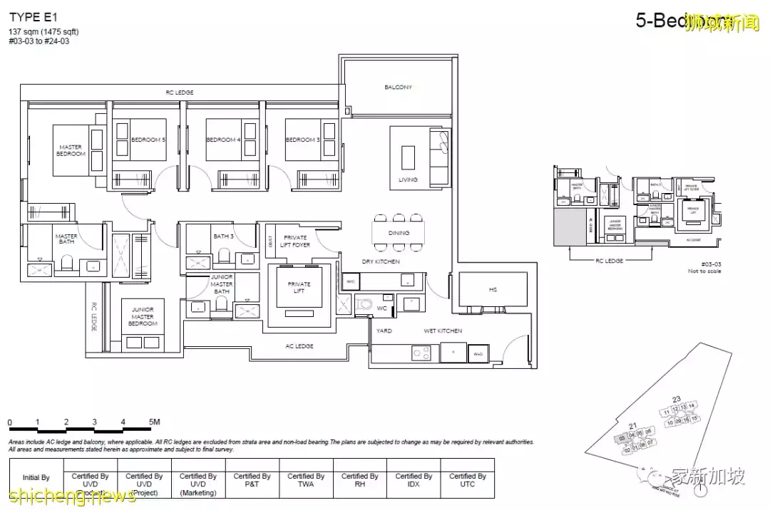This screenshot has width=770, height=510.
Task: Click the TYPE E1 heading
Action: point(34,18)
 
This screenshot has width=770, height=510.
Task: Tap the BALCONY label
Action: point(398,88)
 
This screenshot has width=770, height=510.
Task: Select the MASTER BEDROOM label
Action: point(71,150)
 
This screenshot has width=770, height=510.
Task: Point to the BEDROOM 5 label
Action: point(148,140)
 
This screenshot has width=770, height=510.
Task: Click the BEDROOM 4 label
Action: point(223,140)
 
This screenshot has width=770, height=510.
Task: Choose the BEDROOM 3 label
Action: point(303,140)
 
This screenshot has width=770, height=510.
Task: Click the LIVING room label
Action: point(408,179)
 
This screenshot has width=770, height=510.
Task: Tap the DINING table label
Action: point(399,233)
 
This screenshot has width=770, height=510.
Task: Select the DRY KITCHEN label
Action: point(380,262)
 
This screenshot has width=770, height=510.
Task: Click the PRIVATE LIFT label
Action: point(299,288)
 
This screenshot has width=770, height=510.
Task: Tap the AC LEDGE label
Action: point(298,346)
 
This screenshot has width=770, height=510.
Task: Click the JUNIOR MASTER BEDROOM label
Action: point(143,317)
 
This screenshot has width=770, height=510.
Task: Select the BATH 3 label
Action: point(223,236)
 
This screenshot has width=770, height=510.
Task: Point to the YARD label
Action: point(384,331)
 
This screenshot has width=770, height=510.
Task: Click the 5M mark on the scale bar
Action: point(154,422)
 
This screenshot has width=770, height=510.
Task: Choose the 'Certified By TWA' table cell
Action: point(306,480)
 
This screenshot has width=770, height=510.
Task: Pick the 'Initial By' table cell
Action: point(36,478)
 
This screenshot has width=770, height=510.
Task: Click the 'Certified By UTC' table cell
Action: point(468,480)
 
